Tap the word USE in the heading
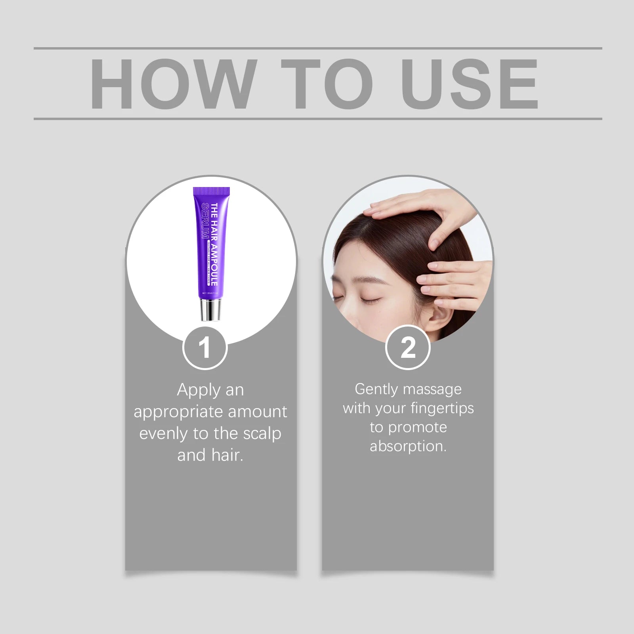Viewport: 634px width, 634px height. click(x=470, y=84)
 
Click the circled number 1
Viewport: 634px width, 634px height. click(x=205, y=348)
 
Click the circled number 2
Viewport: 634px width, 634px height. click(x=408, y=348)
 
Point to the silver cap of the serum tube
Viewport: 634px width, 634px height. click(x=210, y=309)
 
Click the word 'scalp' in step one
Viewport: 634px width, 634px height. click(x=262, y=433)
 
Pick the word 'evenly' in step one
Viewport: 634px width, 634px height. click(x=164, y=433)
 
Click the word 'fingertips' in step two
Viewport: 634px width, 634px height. click(x=442, y=408)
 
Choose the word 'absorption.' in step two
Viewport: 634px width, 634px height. click(x=408, y=447)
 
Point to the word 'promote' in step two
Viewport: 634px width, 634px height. click(x=418, y=427)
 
